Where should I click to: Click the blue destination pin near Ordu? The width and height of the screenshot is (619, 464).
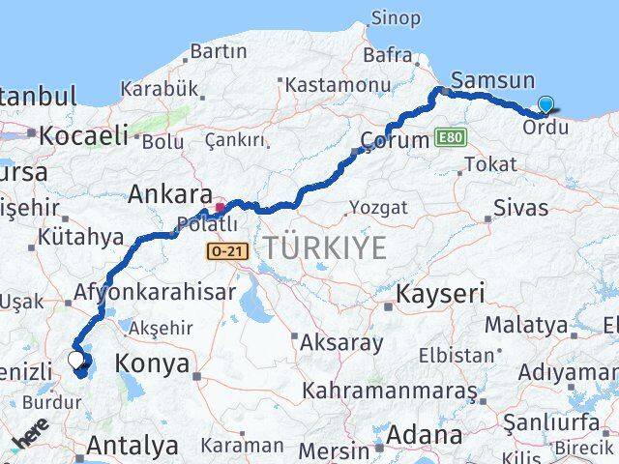coord(546,105)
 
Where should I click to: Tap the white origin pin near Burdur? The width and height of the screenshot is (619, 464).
coord(76,361)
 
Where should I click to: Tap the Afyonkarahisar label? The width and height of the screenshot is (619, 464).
coord(157,293)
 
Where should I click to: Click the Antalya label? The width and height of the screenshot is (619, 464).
coord(133,446)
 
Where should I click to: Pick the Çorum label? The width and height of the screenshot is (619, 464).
coord(394,140)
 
